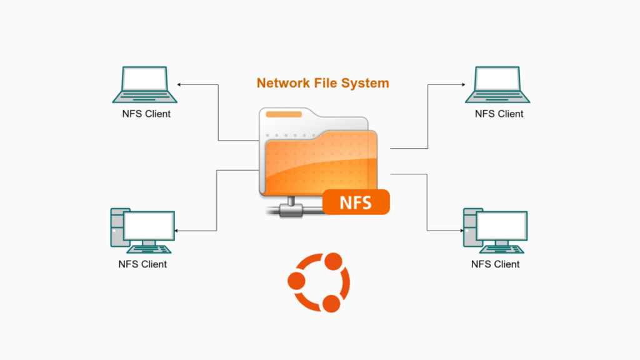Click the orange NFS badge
click(356, 202)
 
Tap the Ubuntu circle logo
click(318, 282)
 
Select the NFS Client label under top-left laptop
click(146, 114)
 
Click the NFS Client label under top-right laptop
click(499, 114)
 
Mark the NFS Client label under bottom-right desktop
click(495, 264)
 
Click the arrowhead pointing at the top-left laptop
click(179, 84)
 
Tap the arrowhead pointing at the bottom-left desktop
click(177, 231)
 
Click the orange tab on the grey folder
click(284, 114)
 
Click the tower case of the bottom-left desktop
click(117, 229)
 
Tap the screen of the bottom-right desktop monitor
click(501, 226)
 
